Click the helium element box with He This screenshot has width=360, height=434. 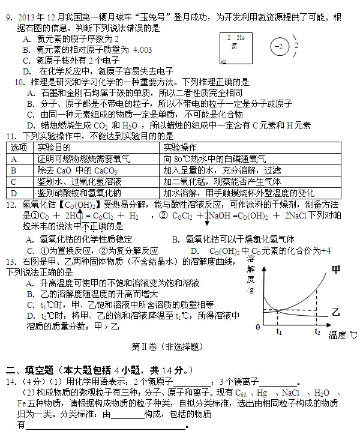coord(236,48)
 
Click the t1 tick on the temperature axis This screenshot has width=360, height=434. coord(279,331)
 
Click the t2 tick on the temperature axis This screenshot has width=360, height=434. coord(317,331)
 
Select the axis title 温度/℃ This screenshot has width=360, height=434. coord(343,335)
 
